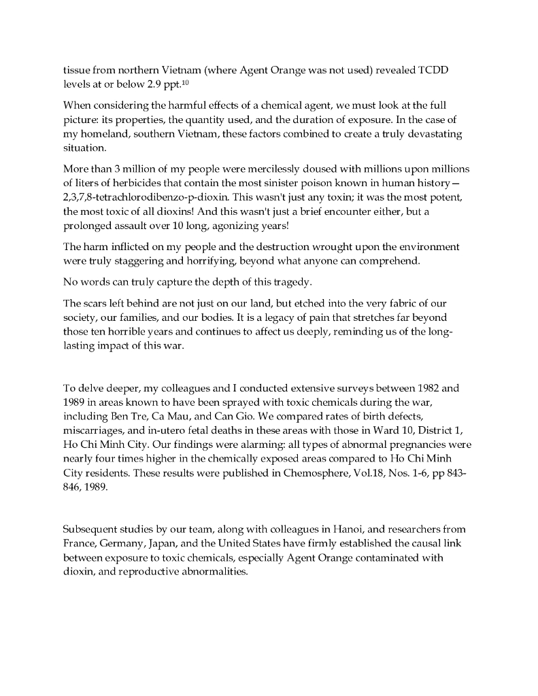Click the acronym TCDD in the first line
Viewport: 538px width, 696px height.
click(431, 71)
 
